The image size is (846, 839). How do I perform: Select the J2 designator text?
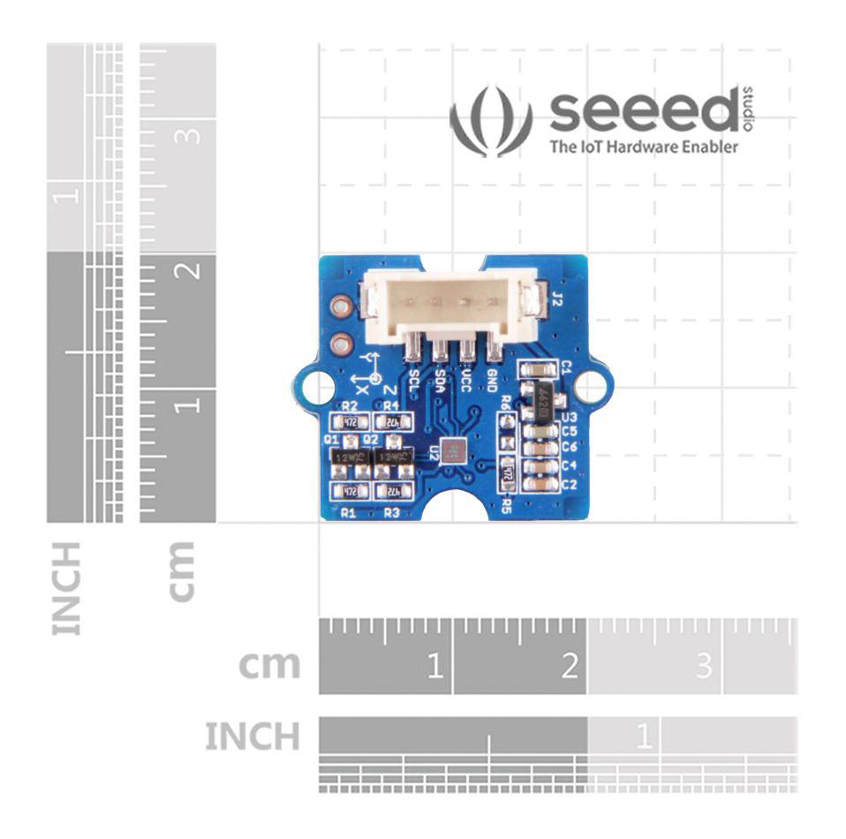coord(556,300)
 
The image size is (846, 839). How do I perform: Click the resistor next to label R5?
coord(507,474)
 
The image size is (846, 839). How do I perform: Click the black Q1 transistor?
coord(351,456)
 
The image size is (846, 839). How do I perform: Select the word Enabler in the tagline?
coord(707,147)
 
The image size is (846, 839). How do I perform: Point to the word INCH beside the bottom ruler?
coord(253,736)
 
